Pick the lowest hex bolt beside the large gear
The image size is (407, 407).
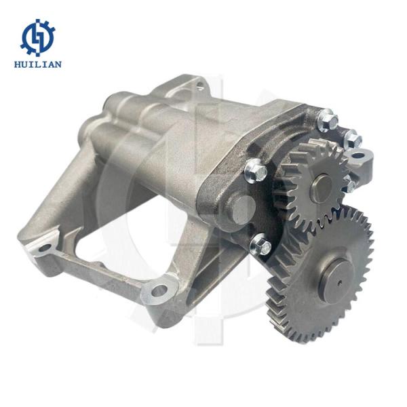pyautogui.click(x=261, y=244)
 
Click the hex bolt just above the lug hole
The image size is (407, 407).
pyautogui.click(x=352, y=140)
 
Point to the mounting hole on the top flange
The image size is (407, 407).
pyautogui.click(x=198, y=85)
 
